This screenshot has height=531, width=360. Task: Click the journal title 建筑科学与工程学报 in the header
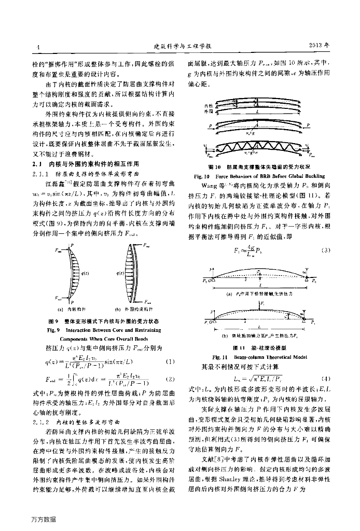(180, 47)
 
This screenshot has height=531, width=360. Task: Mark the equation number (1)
(169, 361)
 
